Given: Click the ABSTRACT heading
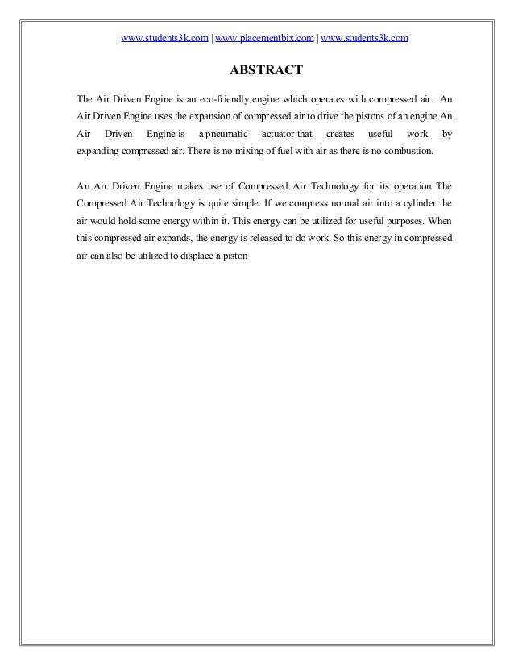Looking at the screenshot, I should tap(266, 71).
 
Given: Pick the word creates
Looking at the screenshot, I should tap(339, 133).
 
